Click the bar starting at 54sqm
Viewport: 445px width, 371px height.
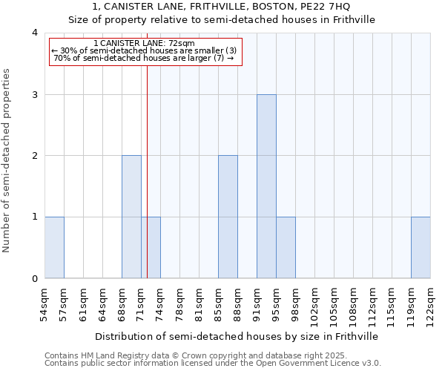[54, 247]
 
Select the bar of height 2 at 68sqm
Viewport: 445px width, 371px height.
[131, 217]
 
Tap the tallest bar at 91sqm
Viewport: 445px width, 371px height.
[266, 186]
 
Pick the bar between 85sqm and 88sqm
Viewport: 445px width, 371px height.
[228, 217]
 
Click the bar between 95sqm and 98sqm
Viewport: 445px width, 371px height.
[286, 247]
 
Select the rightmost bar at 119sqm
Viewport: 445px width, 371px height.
[421, 247]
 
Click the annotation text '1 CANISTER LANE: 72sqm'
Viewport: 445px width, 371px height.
[145, 44]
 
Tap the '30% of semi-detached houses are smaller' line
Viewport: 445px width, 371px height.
[145, 50]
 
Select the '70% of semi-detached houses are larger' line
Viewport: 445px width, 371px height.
[145, 58]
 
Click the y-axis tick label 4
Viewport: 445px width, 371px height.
[34, 33]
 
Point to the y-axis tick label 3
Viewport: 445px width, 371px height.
[34, 94]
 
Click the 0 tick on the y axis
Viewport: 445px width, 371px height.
[34, 278]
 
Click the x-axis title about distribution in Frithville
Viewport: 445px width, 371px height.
[237, 336]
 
